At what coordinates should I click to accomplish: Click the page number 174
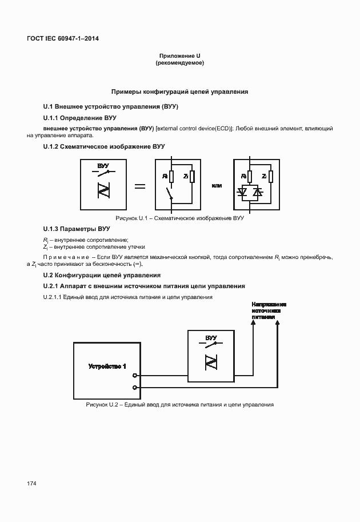31,484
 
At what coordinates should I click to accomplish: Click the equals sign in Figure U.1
139,186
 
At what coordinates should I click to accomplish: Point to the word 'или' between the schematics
217,186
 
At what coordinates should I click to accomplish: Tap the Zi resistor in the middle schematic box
193,177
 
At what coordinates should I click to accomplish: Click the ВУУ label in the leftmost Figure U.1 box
103,166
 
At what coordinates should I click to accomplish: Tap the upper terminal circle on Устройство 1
134,376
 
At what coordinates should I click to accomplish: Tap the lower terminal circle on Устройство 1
134,388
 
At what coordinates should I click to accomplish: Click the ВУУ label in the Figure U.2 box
211,338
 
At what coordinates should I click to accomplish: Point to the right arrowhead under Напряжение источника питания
278,323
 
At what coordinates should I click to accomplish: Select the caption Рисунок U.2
179,405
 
